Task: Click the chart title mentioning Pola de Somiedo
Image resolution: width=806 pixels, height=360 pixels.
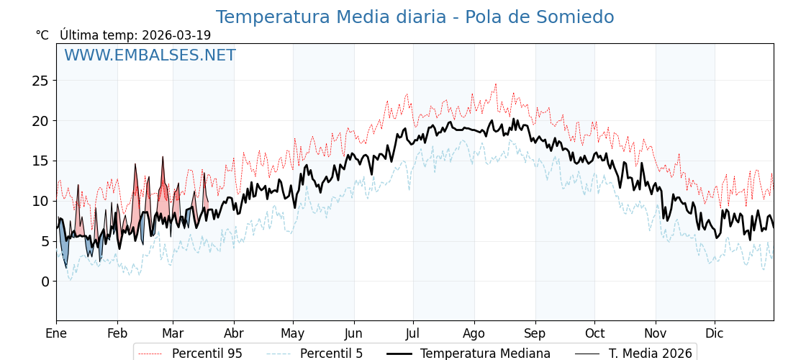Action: (415, 17)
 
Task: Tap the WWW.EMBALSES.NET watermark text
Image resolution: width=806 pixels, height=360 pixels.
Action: (150, 55)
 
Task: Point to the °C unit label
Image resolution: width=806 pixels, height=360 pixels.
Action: (42, 35)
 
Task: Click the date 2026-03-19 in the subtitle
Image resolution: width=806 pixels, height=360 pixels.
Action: (176, 35)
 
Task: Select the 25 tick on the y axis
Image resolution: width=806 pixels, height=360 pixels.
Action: (40, 81)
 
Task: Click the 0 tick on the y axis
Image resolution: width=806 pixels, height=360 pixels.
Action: (45, 282)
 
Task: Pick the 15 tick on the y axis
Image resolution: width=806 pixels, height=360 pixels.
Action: (40, 161)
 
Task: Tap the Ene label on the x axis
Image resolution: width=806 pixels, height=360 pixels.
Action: (56, 333)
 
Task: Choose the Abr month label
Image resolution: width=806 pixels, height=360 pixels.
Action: (234, 333)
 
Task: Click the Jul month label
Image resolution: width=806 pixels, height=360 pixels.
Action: (413, 333)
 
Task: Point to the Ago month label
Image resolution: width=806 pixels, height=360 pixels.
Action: (474, 333)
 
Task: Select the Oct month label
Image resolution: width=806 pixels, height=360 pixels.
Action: (594, 333)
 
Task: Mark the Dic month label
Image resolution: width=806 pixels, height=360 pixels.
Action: (715, 333)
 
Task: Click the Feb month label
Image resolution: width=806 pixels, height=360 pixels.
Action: (117, 333)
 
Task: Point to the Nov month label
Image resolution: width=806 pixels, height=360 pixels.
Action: (656, 333)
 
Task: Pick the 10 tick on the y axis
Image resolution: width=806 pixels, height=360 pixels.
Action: (40, 201)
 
